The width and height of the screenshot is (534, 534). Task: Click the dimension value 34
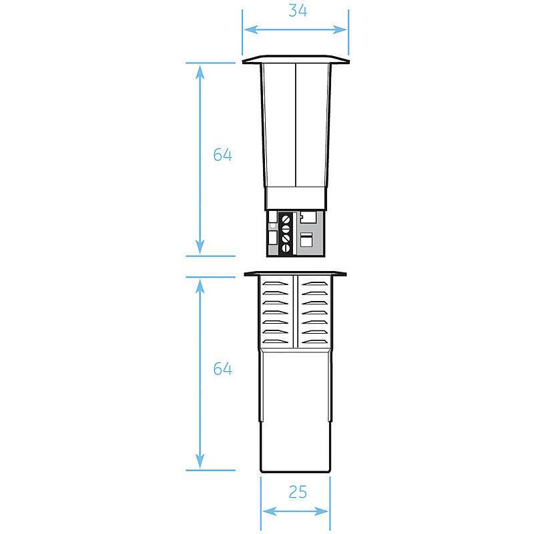tap(298, 11)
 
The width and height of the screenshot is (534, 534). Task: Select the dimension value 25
tap(298, 492)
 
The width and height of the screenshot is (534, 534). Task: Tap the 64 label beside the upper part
tap(222, 154)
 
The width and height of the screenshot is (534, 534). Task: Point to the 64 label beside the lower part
tap(222, 368)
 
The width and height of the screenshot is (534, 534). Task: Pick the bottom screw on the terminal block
tap(286, 249)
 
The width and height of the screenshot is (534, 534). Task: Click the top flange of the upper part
tap(296, 60)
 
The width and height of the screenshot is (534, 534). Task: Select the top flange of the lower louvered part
tap(296, 273)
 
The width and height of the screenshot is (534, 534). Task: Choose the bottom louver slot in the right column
tap(314, 342)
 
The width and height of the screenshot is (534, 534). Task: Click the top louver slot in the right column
tap(314, 284)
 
